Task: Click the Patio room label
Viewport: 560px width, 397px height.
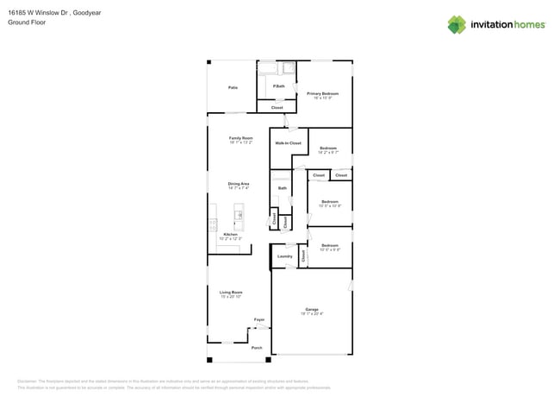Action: [x=233, y=87]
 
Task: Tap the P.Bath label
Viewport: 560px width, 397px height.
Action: [x=279, y=86]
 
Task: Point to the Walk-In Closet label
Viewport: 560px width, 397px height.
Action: [x=288, y=142]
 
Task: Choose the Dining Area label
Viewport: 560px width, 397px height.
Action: [x=239, y=184]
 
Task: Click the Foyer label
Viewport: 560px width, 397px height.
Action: [x=258, y=319]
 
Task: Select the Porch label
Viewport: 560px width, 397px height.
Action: [x=257, y=348]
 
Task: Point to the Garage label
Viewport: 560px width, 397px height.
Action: [x=311, y=310]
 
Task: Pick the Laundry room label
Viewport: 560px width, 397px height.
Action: [x=284, y=255]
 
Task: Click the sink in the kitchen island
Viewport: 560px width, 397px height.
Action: [x=240, y=214]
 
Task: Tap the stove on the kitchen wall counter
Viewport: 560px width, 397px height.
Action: [x=212, y=224]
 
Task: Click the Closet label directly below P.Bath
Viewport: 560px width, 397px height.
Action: [x=277, y=107]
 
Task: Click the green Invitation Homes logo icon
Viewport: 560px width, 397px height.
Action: [x=457, y=24]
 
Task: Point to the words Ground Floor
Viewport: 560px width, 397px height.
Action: [x=27, y=23]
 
